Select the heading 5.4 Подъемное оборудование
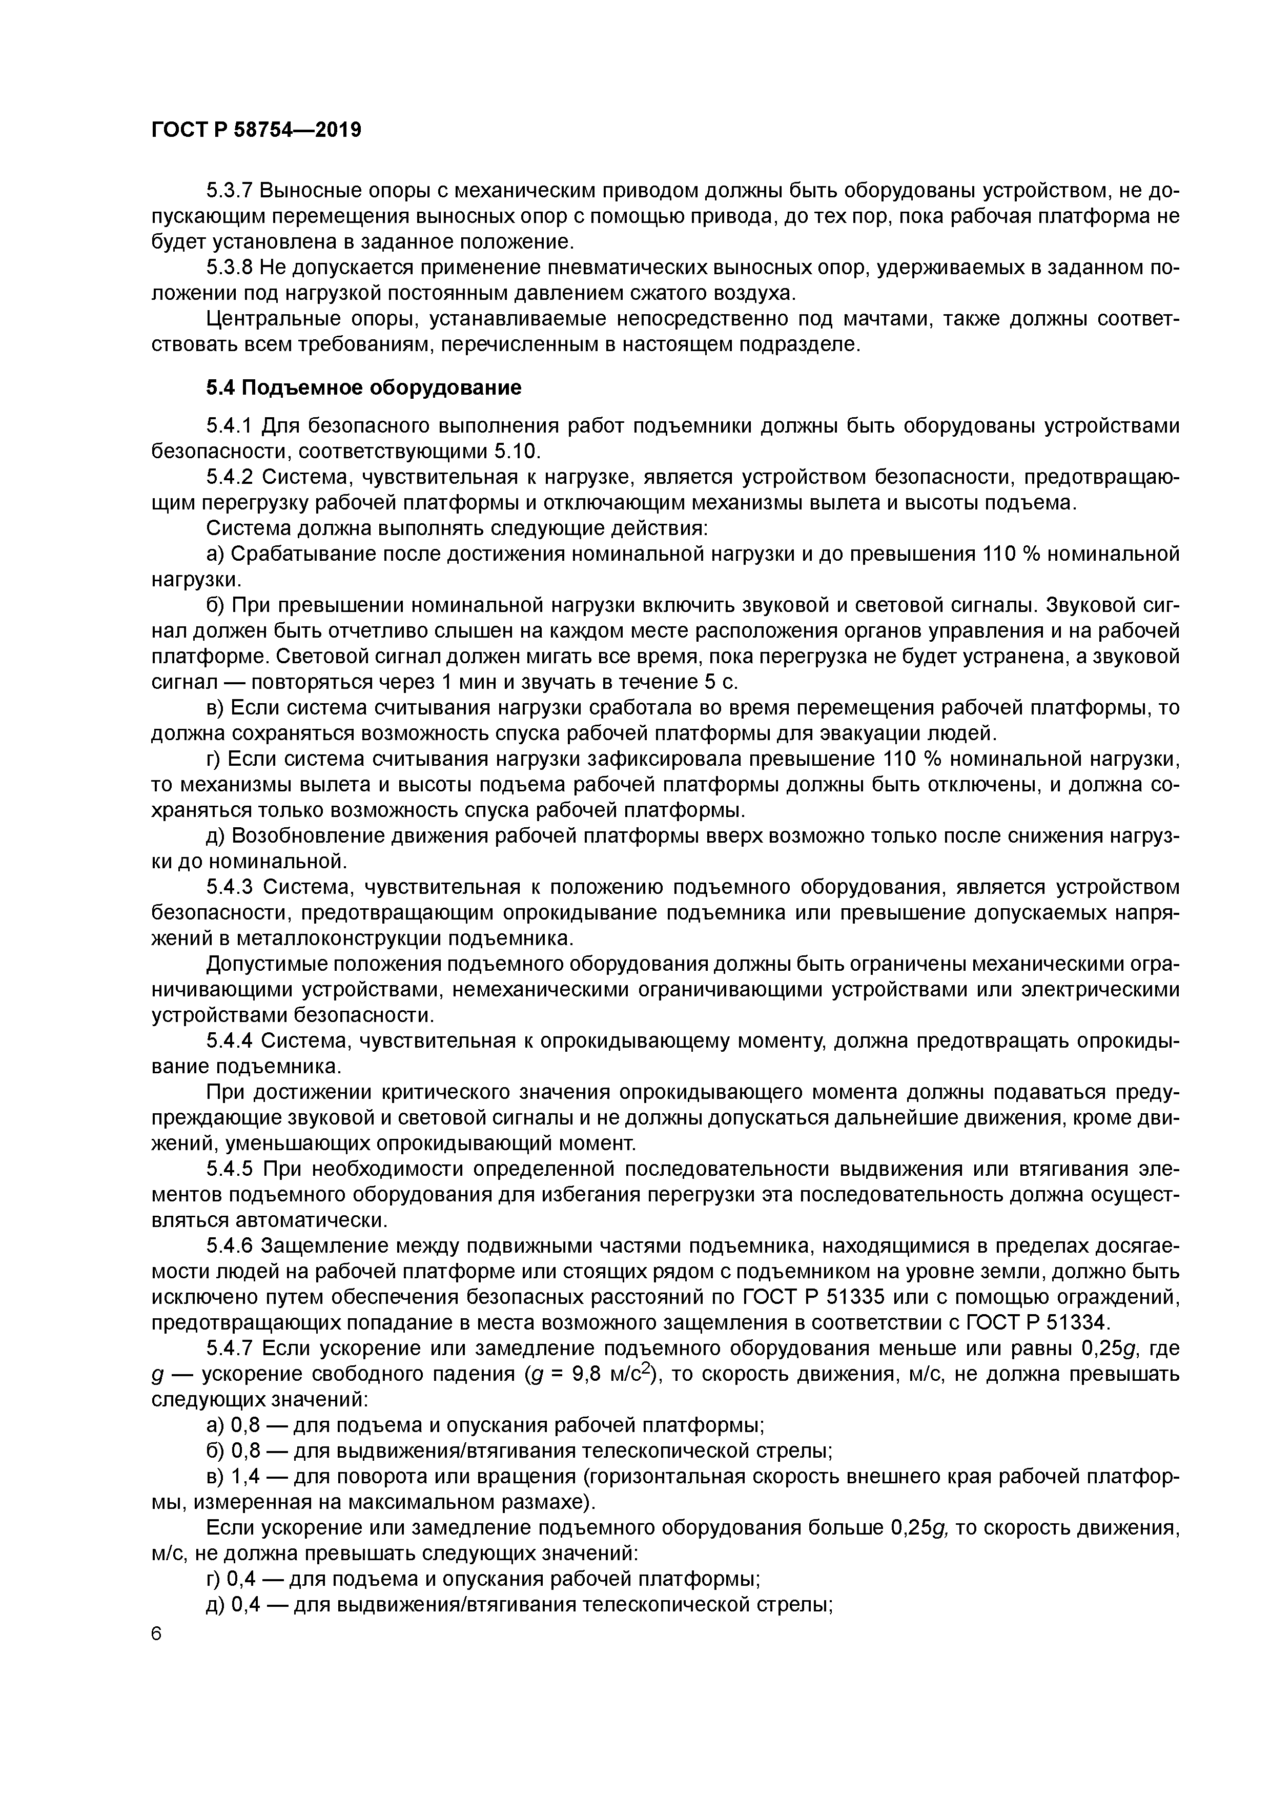click(363, 387)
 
